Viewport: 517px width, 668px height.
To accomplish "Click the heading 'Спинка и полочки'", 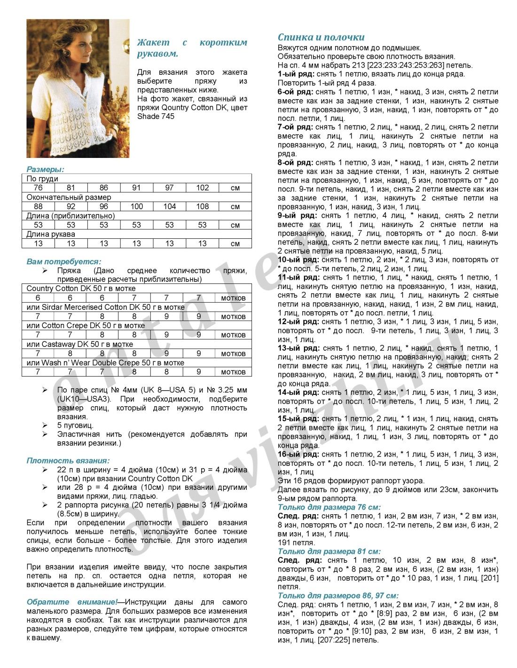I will coord(321,37).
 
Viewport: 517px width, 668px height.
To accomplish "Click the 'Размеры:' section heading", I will coord(45,169).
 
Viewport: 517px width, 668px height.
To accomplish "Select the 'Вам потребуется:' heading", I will coord(63,261).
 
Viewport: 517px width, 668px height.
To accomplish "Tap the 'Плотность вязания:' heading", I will coord(68,461).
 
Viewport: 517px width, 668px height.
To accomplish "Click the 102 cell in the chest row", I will coord(202,188).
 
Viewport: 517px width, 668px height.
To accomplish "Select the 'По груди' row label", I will coord(42,179).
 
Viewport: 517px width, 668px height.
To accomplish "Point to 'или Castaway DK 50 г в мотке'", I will coord(79,344).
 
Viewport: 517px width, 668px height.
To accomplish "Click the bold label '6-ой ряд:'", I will coord(295,92).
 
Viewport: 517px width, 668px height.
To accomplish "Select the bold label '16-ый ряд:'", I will coord(298,455).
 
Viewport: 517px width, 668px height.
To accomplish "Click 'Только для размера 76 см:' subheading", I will coord(329,507).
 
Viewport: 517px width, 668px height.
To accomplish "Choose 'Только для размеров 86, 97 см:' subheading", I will coord(338,596).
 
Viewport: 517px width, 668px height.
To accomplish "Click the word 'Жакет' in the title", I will coord(153,42).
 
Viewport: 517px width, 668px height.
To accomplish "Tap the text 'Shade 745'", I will coord(156,117).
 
